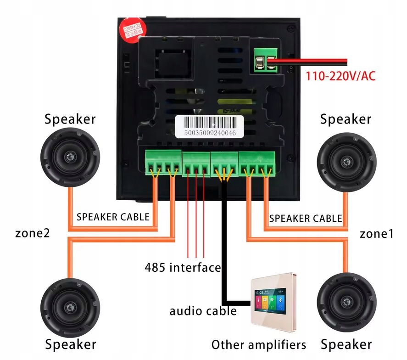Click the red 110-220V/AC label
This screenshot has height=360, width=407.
click(340, 75)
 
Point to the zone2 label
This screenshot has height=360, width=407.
click(32, 233)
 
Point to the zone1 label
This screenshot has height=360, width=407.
click(376, 234)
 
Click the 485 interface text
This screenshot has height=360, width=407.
click(183, 267)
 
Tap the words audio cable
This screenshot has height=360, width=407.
click(203, 311)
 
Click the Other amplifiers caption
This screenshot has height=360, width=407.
click(258, 344)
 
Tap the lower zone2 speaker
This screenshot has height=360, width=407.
click(70, 307)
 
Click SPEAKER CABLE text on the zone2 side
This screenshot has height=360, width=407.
click(113, 217)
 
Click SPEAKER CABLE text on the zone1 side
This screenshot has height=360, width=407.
click(305, 218)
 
